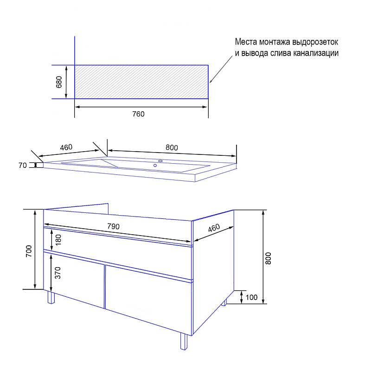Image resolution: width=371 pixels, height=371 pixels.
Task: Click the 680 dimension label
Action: tap(59, 82)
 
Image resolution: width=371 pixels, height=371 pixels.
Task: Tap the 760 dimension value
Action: tap(138, 114)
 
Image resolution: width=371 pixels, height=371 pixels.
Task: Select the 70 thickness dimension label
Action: tap(23, 165)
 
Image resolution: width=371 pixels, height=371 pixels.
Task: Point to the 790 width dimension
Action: tap(113, 226)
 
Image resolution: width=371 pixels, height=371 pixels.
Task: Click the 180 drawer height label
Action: tap(58, 240)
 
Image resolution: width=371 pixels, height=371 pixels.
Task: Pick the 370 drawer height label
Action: tap(58, 273)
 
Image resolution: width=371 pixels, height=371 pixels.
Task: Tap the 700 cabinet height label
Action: tap(29, 251)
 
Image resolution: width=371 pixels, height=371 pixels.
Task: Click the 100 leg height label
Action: tap(251, 297)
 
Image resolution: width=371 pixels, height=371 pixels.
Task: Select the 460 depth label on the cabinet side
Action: tap(214, 228)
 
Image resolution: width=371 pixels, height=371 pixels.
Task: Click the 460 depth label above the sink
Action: tap(66, 147)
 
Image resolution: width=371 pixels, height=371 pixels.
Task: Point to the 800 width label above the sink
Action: tap(172, 147)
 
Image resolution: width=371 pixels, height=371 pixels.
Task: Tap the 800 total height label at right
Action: tap(268, 258)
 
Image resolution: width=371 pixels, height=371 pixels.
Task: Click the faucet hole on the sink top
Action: tap(160, 161)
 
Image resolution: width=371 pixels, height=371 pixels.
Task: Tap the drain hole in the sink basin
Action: tap(155, 166)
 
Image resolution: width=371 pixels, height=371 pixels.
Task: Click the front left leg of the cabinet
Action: tap(51, 297)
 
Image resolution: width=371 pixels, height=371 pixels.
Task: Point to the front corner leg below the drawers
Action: tap(184, 341)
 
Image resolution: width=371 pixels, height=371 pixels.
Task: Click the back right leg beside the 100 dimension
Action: tap(224, 302)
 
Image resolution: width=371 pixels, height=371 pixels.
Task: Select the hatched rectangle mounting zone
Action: tap(141, 82)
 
